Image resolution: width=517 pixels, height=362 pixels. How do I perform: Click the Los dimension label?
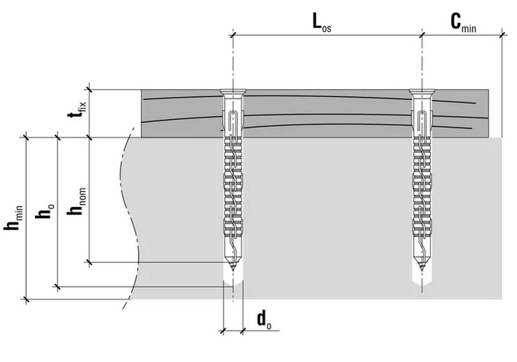322,23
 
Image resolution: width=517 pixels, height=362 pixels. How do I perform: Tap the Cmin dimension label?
464,23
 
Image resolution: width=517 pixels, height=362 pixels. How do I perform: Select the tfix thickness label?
77,110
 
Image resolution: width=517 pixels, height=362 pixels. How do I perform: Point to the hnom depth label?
76,201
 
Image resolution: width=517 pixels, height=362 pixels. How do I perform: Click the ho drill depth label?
44,211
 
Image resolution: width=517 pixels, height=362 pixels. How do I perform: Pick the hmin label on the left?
14,218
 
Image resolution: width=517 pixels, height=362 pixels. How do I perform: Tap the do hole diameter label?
264,320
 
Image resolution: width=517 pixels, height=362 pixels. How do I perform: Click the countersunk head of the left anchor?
233,92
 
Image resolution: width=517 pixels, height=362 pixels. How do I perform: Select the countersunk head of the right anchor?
422,92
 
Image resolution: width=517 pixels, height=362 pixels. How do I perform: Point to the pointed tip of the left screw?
233,271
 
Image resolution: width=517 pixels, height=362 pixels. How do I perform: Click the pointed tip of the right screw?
422,271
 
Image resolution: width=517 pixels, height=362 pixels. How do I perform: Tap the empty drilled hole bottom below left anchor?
233,280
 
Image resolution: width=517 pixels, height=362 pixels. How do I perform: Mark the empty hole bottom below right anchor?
422,280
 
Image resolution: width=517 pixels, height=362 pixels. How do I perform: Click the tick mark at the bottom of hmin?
25,299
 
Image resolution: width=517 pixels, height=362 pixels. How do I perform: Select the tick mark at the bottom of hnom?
88,263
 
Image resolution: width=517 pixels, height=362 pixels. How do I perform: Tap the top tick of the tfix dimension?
88,89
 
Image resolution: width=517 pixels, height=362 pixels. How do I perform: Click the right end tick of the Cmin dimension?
503,34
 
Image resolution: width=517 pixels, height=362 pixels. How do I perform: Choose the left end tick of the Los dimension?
233,34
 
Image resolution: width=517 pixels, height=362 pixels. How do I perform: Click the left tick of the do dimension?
223,330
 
